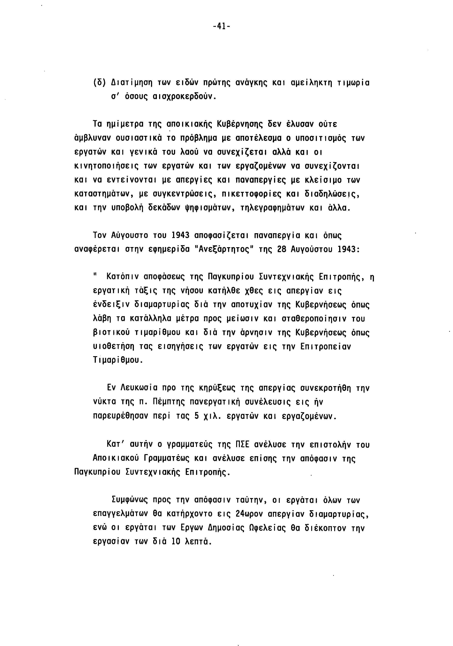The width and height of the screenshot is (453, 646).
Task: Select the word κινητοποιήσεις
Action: pos(106,166)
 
